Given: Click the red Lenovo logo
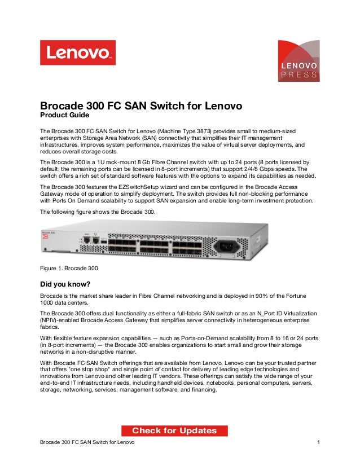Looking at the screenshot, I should (77, 52).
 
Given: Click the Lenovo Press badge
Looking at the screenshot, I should (299, 61).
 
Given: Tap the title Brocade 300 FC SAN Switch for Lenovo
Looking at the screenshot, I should (141, 106).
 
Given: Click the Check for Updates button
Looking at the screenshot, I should (174, 431).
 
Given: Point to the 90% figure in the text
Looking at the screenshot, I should (262, 295).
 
